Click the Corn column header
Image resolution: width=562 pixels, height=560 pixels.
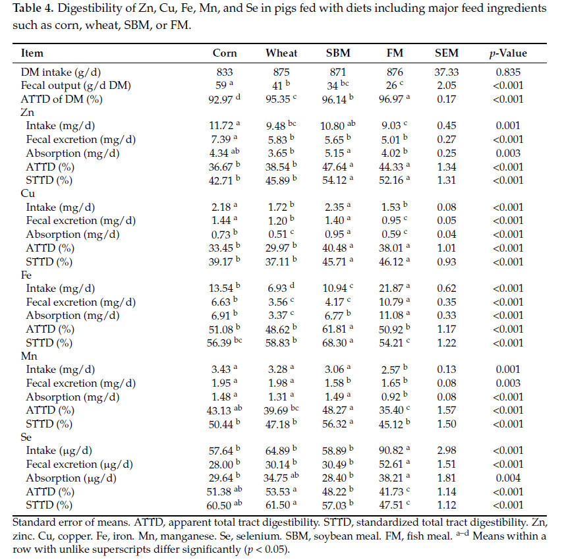[x=225, y=53]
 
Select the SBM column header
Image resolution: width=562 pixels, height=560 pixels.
[x=340, y=53]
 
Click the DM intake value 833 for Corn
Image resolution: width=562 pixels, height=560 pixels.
[x=225, y=70]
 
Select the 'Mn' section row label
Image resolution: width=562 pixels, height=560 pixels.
[x=29, y=356]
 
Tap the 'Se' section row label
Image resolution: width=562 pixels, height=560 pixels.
[x=27, y=437]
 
